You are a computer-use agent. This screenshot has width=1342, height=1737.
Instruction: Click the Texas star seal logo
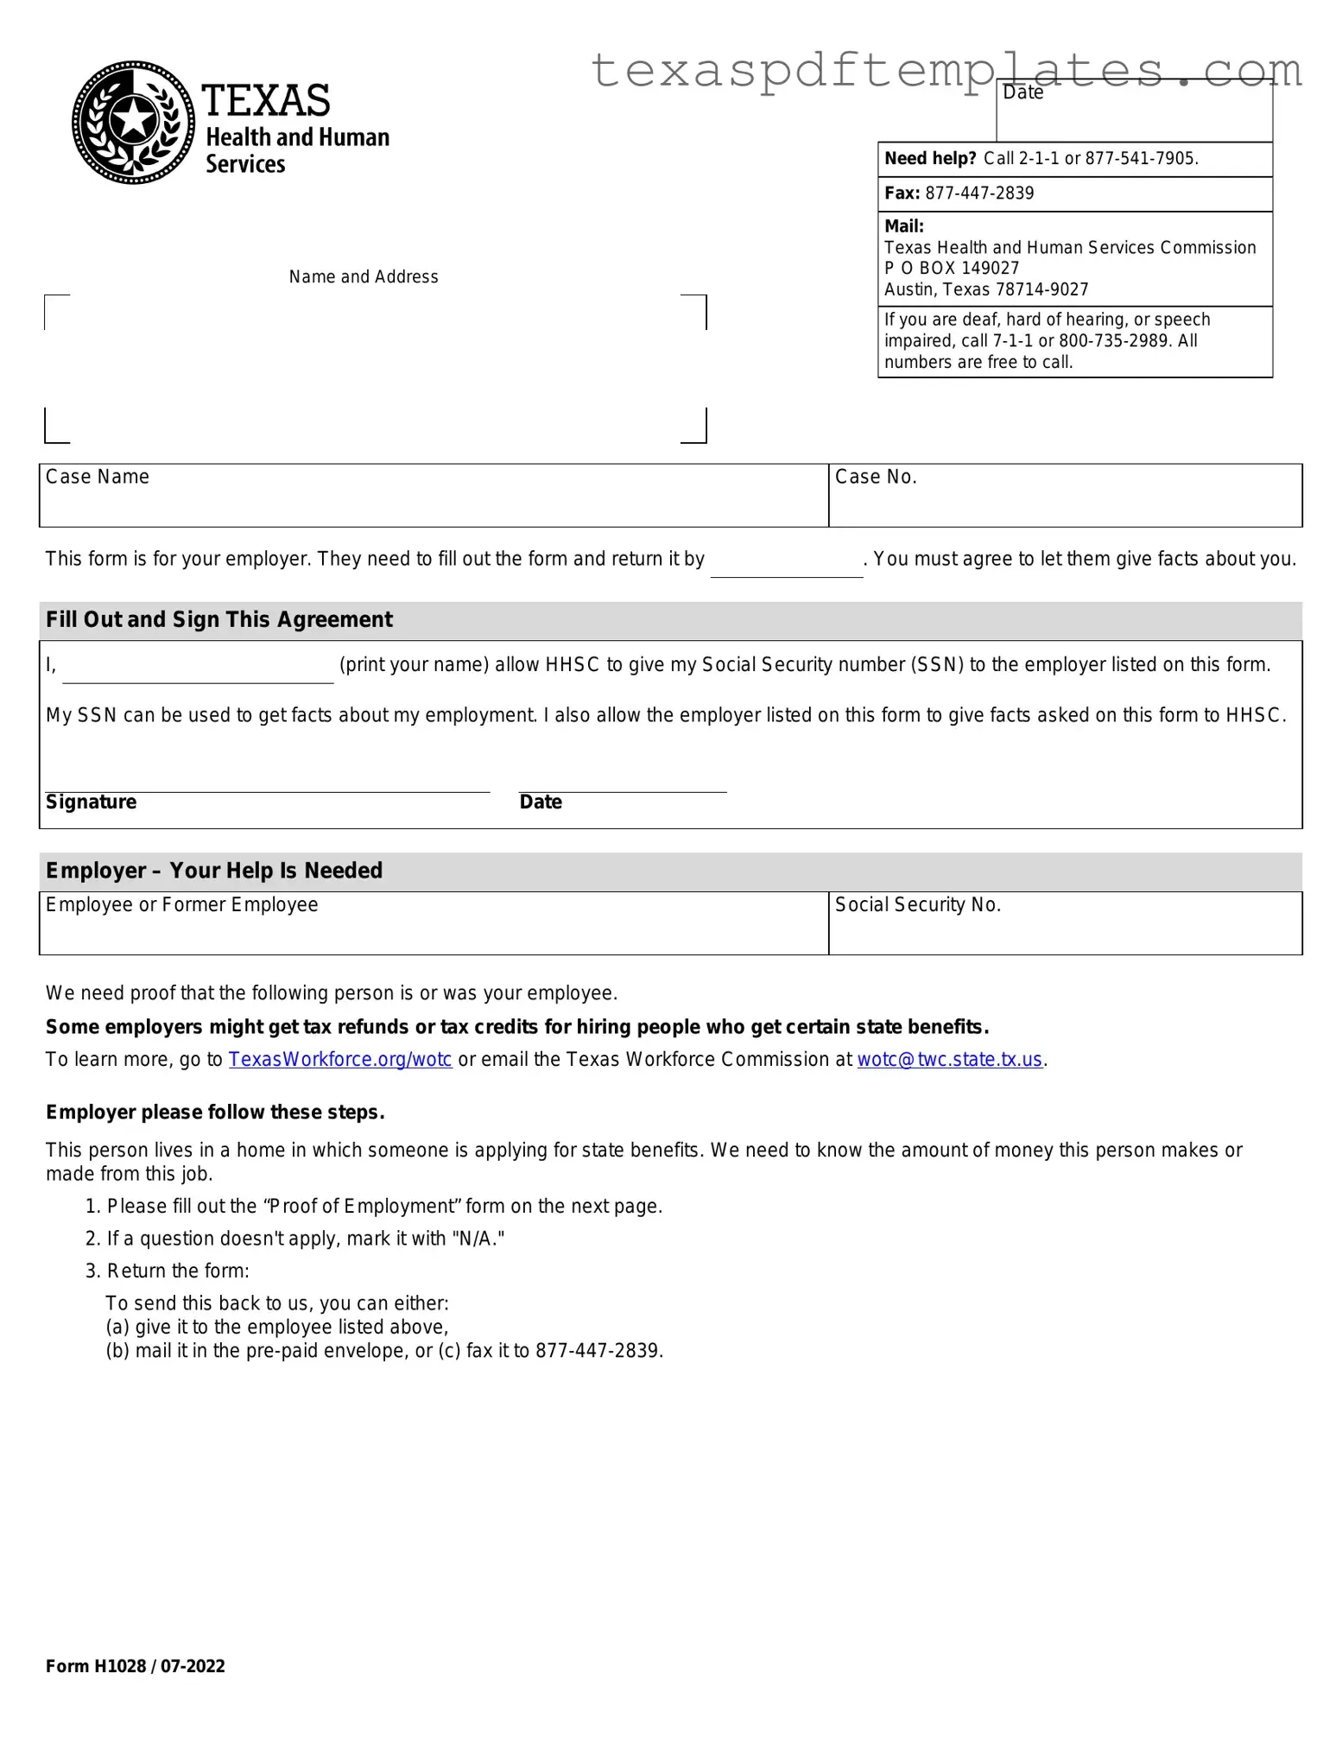click(133, 122)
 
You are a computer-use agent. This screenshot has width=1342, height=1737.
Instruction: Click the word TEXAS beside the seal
click(266, 101)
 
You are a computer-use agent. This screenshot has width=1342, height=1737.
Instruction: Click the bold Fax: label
click(902, 193)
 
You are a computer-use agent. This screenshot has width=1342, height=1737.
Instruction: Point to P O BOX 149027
click(951, 269)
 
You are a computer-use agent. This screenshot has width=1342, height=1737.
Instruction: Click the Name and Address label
click(364, 277)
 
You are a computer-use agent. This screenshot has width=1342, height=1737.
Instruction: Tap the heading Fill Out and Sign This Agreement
click(219, 620)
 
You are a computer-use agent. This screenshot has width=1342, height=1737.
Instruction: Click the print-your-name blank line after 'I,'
click(198, 669)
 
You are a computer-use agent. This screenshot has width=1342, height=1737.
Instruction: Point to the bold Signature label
click(91, 802)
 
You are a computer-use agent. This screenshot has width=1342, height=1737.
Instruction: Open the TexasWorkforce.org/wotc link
click(340, 1060)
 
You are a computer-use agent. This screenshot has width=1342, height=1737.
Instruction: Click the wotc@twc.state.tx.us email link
click(949, 1060)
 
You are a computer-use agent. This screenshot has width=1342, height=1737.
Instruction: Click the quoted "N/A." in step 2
click(478, 1239)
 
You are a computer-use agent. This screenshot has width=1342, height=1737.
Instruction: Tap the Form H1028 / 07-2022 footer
click(136, 1666)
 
